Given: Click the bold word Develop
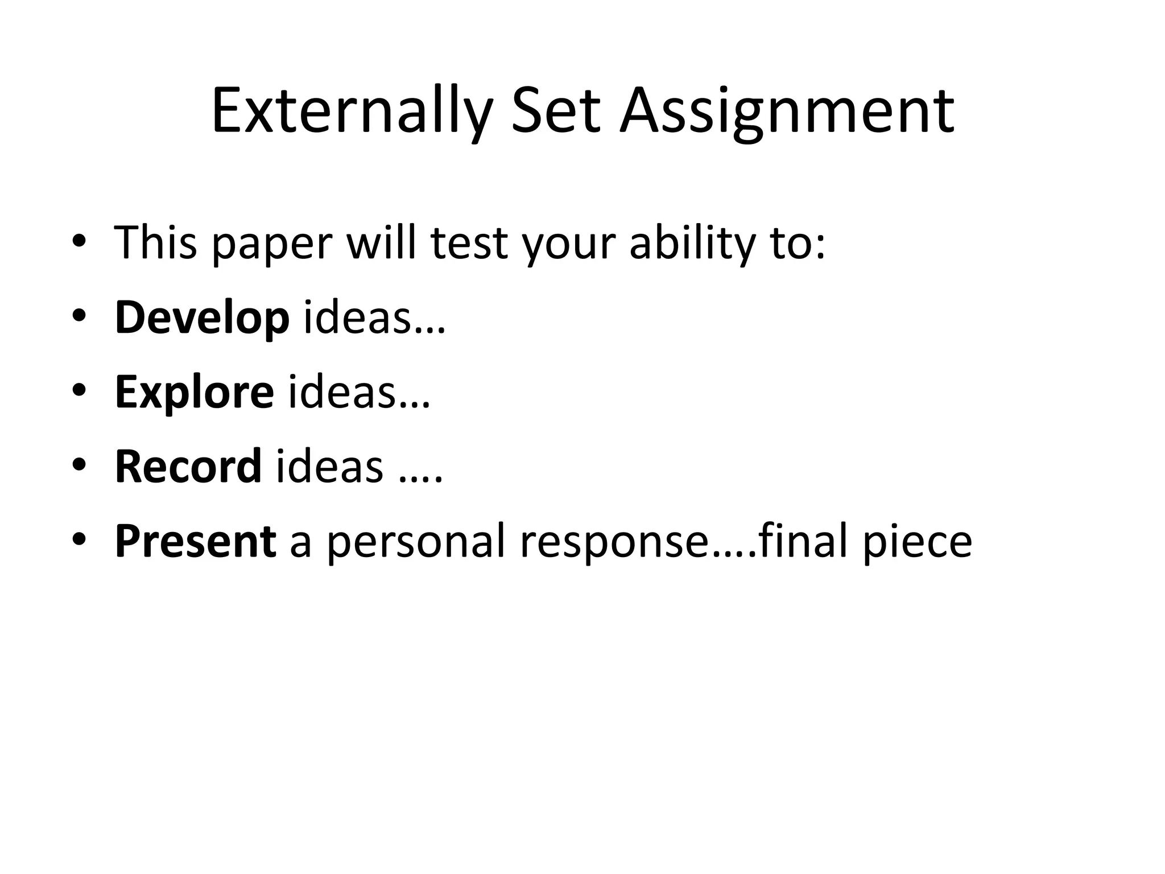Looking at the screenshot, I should click(202, 318).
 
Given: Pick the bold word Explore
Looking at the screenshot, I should click(195, 392).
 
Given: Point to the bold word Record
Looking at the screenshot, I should click(188, 467).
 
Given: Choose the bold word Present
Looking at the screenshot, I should click(196, 541).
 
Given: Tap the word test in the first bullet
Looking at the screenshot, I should click(469, 244).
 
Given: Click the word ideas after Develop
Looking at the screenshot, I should click(357, 318).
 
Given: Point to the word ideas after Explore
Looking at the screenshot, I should click(342, 392).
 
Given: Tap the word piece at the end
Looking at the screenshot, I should click(917, 541).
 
